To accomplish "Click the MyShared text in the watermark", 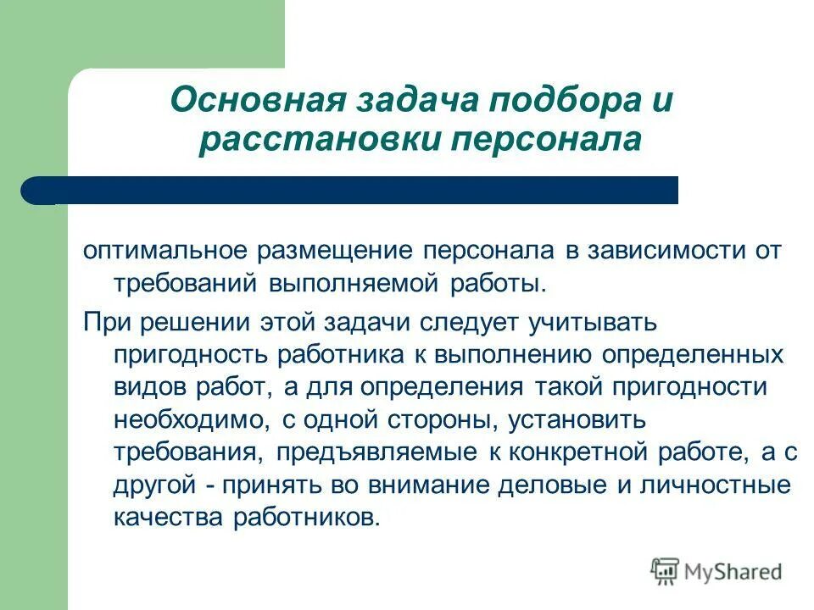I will (733, 572).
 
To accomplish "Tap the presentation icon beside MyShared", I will (666, 571).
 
